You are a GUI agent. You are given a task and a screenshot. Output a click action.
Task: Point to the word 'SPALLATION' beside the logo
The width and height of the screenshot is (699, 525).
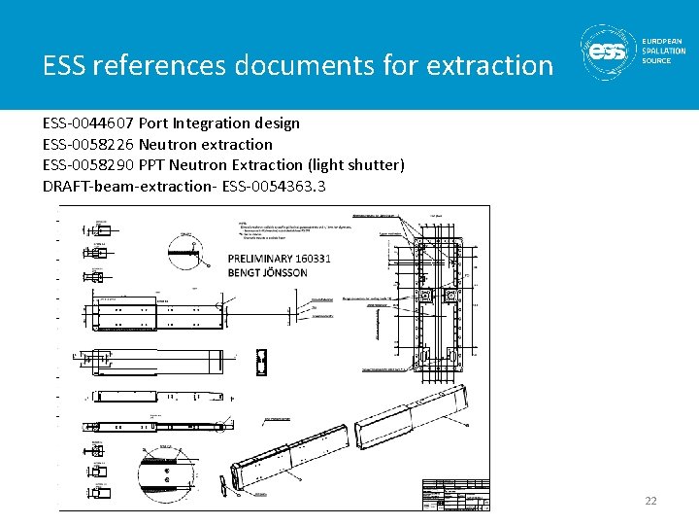point(664,51)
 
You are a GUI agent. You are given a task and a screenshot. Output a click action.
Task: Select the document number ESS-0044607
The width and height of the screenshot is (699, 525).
point(88,123)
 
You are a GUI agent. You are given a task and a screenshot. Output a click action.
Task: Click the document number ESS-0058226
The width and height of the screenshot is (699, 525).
point(88,144)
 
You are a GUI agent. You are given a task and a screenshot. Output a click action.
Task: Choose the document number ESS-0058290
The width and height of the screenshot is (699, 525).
point(88,164)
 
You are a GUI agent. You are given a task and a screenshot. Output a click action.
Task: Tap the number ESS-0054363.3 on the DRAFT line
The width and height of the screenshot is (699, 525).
point(274,185)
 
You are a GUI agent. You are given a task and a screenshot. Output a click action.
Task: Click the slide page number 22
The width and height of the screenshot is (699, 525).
point(650,501)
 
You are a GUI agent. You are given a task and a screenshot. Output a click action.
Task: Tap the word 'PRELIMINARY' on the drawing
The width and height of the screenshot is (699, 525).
point(266,259)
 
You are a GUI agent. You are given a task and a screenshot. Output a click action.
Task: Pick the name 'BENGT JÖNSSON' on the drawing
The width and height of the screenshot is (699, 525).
point(268,272)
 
